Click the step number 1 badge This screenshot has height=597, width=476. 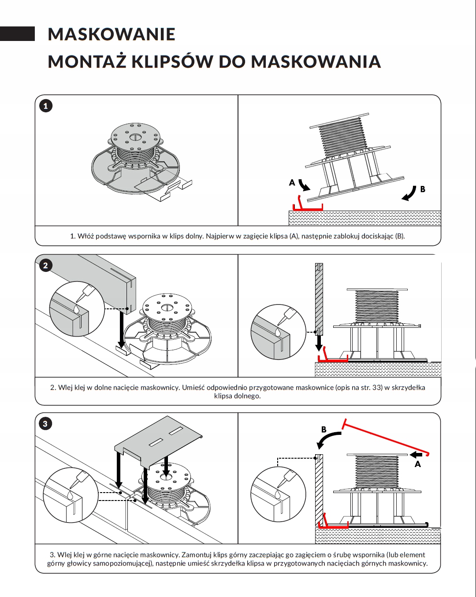pos(45,106)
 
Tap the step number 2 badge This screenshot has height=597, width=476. pos(45,265)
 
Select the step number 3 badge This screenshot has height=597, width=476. pos(45,424)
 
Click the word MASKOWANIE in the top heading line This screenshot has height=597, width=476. pos(112,34)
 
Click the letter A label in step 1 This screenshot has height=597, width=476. pos(292,182)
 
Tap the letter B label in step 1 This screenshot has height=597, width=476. pos(423,189)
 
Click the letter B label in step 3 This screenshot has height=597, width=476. pos(324,429)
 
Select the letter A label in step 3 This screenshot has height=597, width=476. pos(418,464)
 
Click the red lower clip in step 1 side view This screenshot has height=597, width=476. pos(308,207)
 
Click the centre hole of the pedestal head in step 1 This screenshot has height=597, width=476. pos(135,137)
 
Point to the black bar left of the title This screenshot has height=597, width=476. pos(17,34)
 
